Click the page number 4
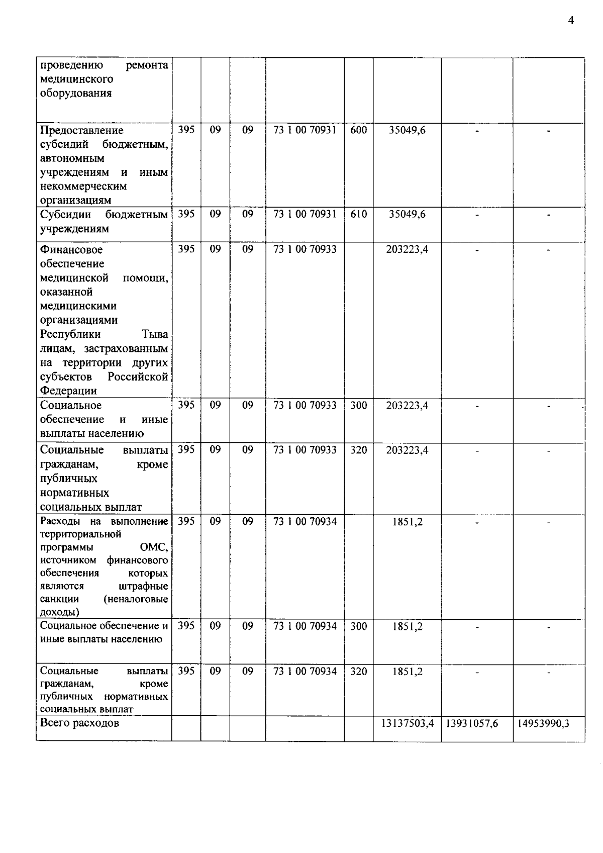570,20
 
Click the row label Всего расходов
79,723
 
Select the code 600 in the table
358,130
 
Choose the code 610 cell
358,214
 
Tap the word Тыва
155,334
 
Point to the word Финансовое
71,250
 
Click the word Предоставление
81,130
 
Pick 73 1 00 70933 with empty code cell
305,249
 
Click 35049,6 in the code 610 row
407,214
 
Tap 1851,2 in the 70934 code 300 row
407,626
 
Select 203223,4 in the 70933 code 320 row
407,450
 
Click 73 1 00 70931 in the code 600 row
305,130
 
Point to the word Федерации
68,391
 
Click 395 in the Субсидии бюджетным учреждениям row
186,214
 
